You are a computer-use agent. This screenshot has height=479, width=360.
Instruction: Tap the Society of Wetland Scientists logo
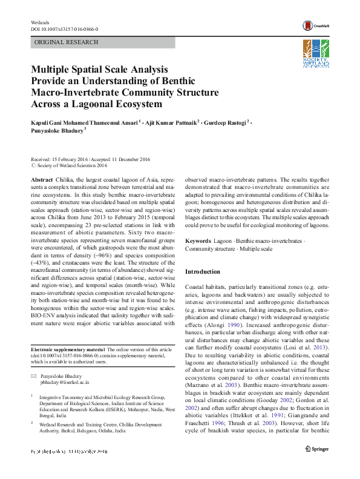316,54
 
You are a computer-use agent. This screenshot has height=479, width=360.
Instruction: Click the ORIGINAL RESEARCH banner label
67,42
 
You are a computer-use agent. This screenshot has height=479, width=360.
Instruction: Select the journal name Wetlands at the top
39,22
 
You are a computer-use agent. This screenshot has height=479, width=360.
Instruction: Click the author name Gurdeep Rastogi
228,122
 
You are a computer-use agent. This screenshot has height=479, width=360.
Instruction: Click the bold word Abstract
42,181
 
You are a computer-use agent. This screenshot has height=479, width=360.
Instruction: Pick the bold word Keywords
198,241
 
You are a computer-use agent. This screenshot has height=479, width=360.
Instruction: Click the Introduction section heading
203,271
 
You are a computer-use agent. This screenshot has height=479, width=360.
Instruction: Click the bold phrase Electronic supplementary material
68,350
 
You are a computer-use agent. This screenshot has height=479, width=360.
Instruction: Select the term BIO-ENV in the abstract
42,315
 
